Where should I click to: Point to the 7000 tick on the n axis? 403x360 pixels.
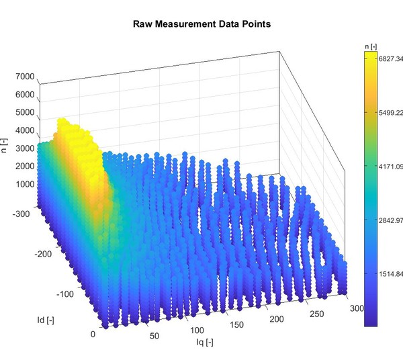pyautogui.click(x=24, y=77)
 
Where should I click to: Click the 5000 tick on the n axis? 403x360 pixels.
pyautogui.click(x=24, y=113)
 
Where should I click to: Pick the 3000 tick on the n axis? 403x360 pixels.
pyautogui.click(x=24, y=148)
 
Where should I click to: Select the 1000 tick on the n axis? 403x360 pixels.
pyautogui.click(x=24, y=184)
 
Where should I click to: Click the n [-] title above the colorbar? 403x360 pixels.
pyautogui.click(x=370, y=46)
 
